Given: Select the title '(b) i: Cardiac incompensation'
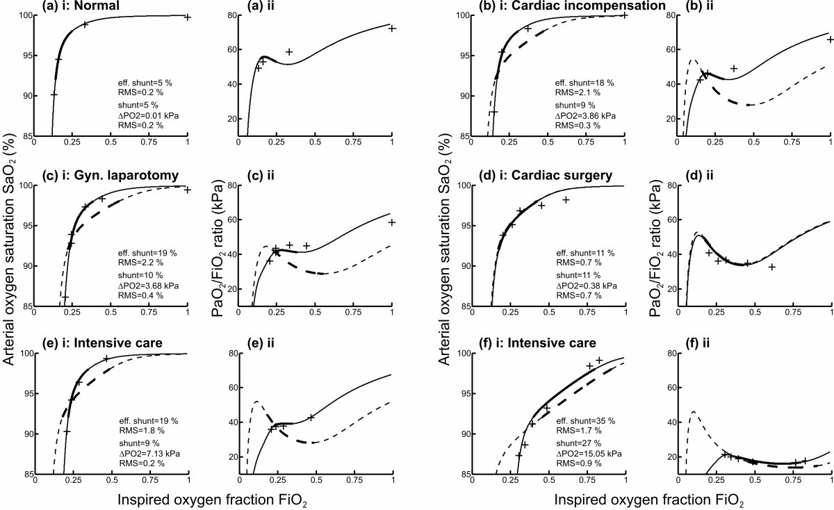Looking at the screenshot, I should [530, 6].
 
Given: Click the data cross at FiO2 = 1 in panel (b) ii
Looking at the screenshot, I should [830, 40].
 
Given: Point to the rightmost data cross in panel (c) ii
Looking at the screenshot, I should [392, 222].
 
